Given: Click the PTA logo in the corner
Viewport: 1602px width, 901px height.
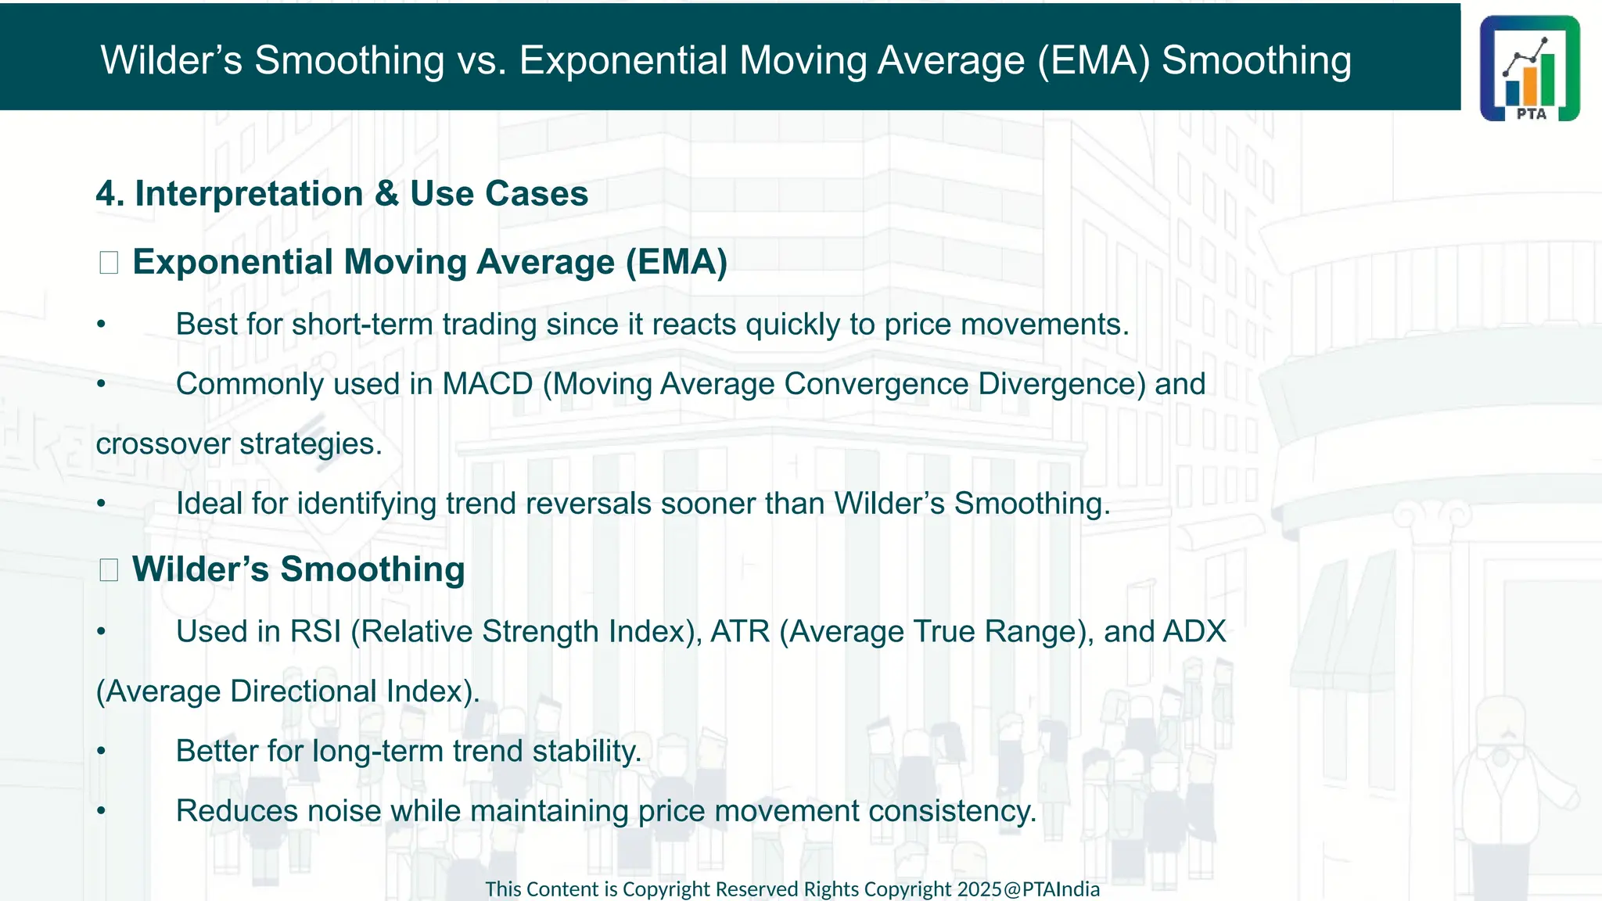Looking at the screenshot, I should point(1529,68).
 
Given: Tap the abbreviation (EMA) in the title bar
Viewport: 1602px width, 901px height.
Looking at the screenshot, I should point(1093,60).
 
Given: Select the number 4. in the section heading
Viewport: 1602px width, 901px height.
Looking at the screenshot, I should point(110,193).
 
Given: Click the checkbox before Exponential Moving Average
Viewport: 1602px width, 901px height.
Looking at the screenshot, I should point(109,263).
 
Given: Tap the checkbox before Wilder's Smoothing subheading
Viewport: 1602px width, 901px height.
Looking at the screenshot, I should point(109,570).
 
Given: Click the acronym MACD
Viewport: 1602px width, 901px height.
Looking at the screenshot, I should point(487,384).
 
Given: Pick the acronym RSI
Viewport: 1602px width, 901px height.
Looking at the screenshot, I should point(315,632).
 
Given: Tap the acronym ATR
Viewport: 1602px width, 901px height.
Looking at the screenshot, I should point(740,632).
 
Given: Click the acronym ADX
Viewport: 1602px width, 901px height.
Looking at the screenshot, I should point(1194,632).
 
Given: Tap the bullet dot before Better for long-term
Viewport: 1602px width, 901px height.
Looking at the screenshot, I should point(101,752).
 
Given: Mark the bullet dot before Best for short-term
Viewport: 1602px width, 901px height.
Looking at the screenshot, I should point(101,325).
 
